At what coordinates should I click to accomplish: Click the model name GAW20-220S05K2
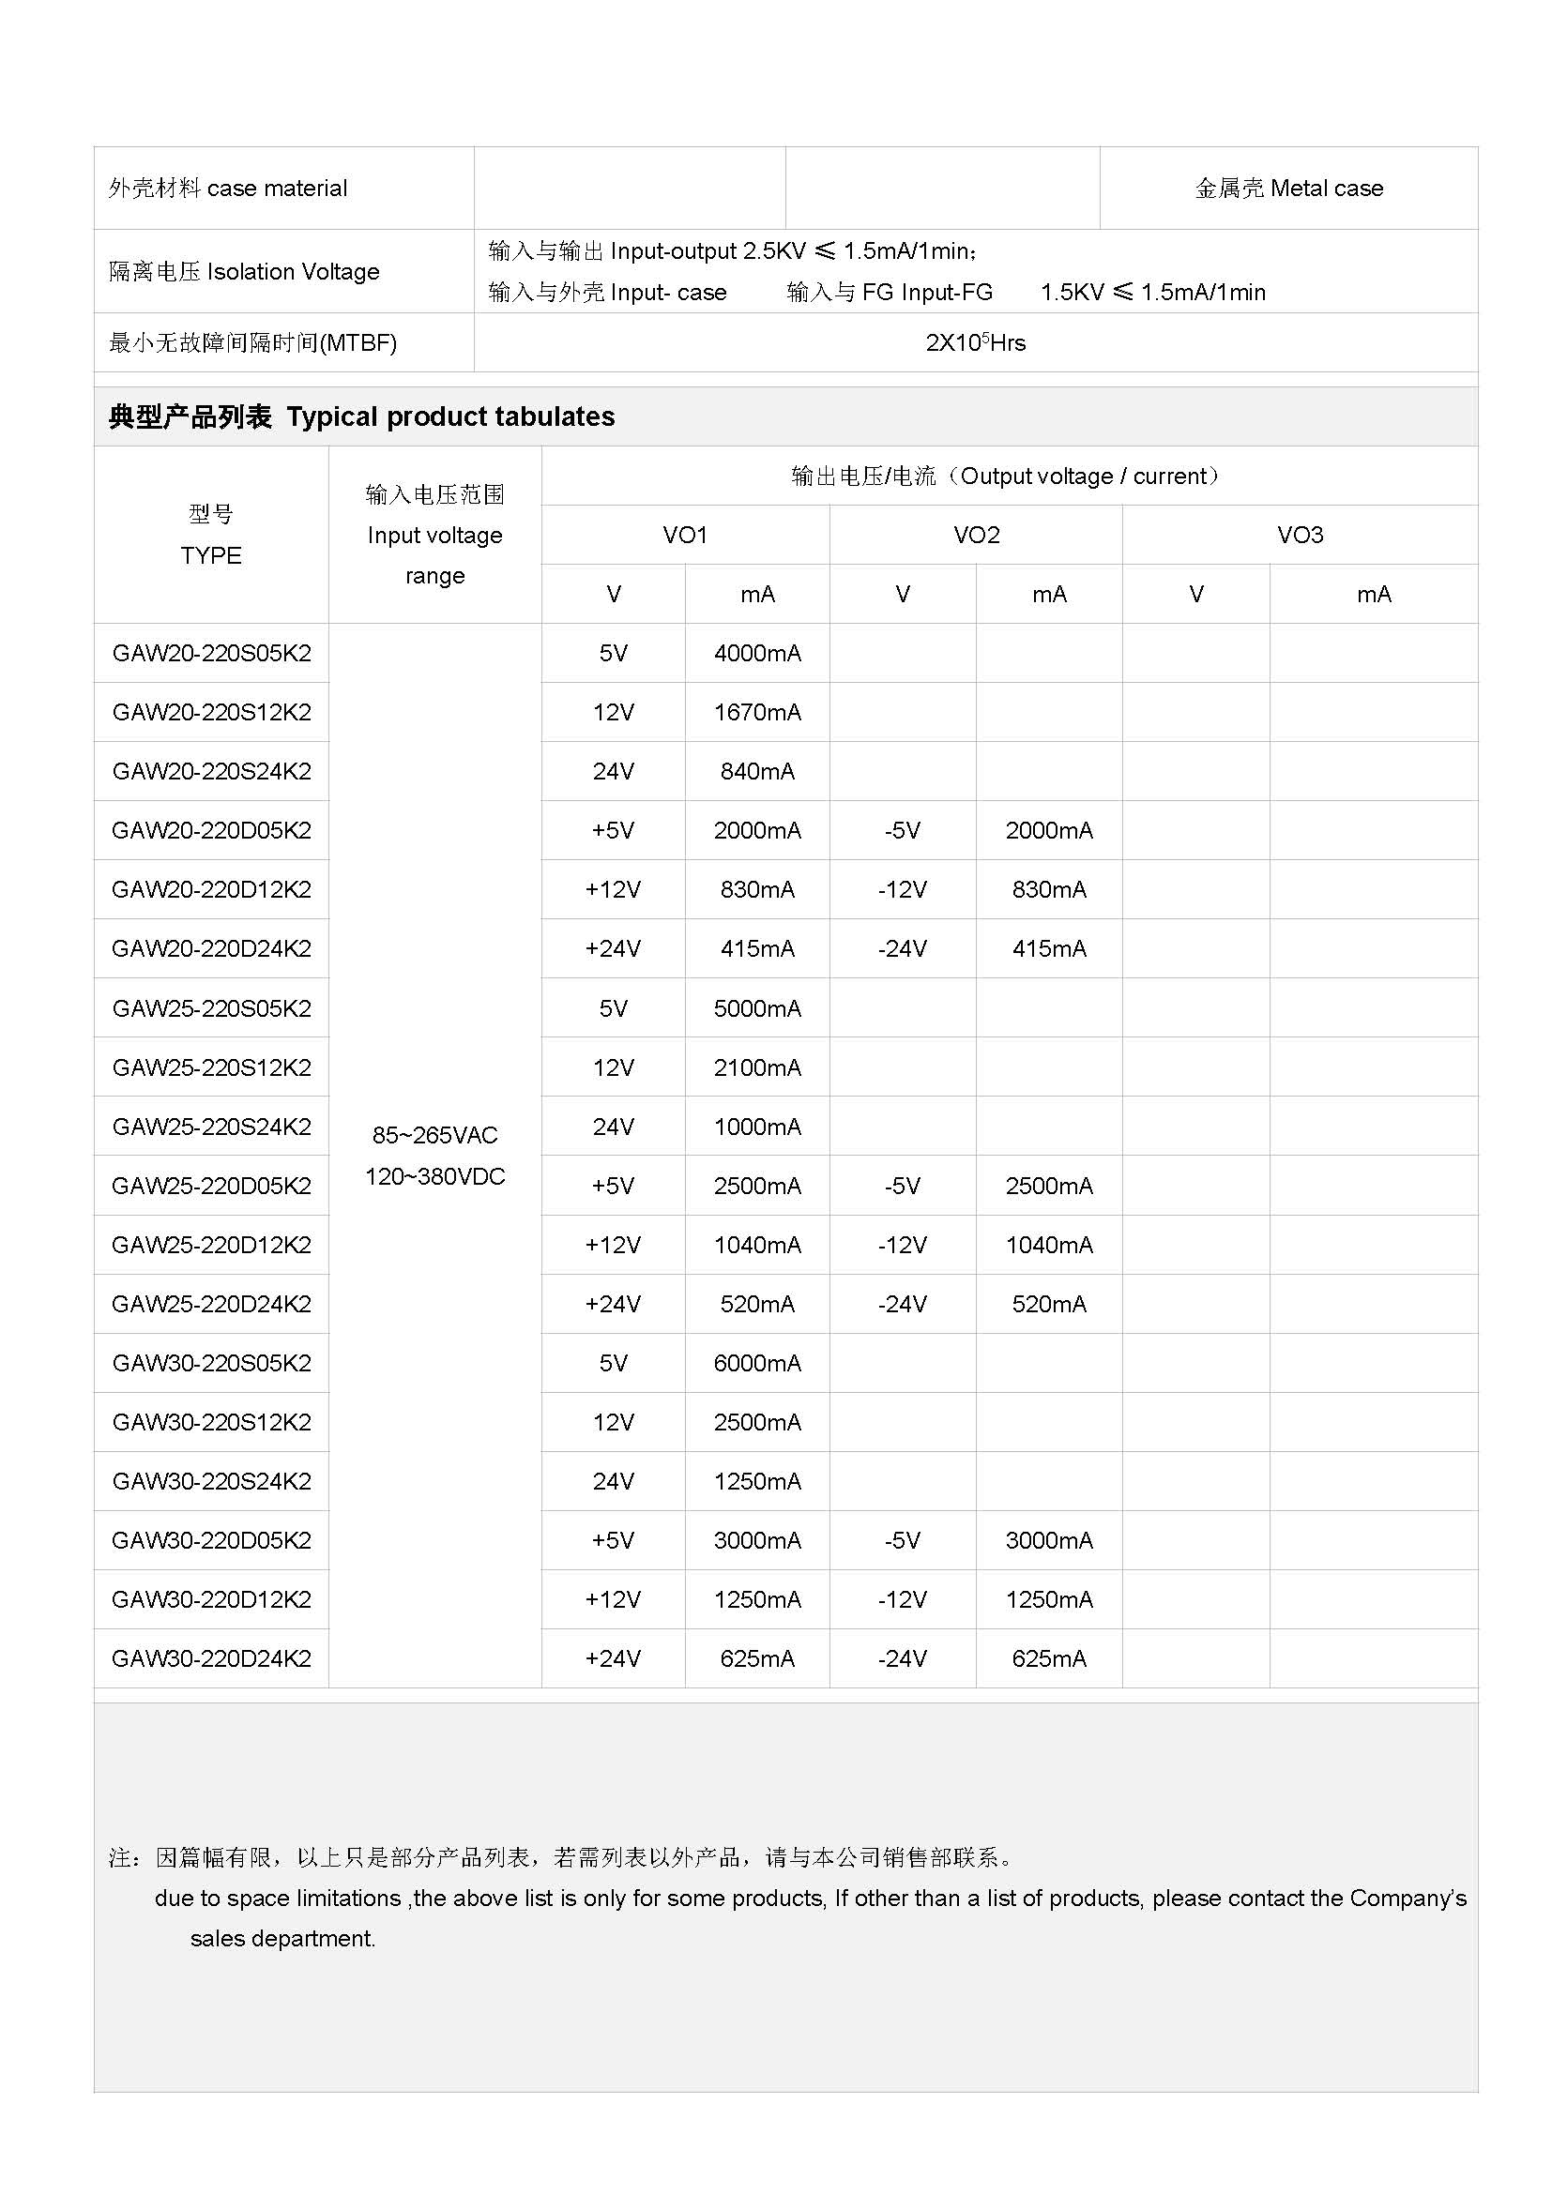[x=211, y=654]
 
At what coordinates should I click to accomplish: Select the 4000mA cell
[x=757, y=654]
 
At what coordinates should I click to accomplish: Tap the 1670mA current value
[x=757, y=713]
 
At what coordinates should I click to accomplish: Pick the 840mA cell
[x=757, y=772]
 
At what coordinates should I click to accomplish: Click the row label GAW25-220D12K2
[x=211, y=1245]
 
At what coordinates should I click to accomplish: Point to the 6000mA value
[x=757, y=1364]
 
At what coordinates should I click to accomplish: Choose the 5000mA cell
[x=757, y=1009]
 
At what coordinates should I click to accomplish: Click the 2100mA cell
[x=757, y=1068]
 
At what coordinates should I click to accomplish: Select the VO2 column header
[x=976, y=535]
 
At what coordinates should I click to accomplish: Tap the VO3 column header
[x=1300, y=535]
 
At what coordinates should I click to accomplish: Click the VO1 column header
[x=685, y=535]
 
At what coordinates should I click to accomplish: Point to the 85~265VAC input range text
[x=434, y=1135]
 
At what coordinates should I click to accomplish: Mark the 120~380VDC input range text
[x=434, y=1177]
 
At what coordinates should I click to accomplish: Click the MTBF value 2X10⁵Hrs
[x=975, y=343]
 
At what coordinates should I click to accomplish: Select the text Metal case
[x=1328, y=189]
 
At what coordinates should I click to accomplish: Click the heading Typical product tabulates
[x=450, y=416]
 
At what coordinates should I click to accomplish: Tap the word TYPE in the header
[x=211, y=556]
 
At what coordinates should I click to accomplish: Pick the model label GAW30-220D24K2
[x=211, y=1659]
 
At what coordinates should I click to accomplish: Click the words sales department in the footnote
[x=282, y=1939]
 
